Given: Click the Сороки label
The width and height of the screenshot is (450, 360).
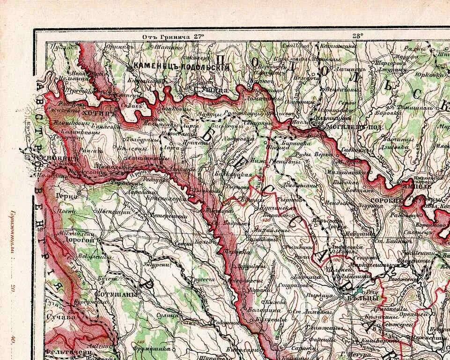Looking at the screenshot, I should click(383, 200).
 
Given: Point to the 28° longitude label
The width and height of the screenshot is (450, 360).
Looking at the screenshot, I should click(357, 36).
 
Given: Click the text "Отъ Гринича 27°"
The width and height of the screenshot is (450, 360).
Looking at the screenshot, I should click(173, 36).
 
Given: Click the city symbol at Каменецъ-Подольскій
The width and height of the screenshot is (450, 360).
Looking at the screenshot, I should click(130, 69).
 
